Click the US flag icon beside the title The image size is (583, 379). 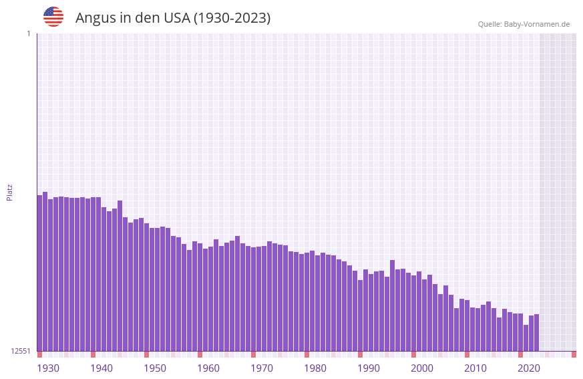click(x=53, y=17)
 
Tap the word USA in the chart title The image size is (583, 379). click(x=176, y=18)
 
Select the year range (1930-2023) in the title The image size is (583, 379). click(x=232, y=18)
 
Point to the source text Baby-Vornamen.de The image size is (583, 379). click(x=536, y=24)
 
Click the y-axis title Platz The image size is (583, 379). click(x=9, y=192)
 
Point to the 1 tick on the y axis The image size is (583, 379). click(x=29, y=33)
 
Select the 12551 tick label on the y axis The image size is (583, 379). click(x=21, y=351)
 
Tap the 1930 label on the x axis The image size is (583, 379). click(x=48, y=368)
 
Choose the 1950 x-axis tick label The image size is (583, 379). click(x=155, y=368)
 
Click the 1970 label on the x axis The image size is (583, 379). click(x=262, y=368)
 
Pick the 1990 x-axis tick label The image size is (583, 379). click(x=369, y=368)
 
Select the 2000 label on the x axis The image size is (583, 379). click(x=422, y=368)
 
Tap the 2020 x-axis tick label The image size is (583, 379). click(x=529, y=368)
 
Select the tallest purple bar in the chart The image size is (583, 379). click(x=45, y=271)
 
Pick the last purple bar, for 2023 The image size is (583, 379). click(x=536, y=332)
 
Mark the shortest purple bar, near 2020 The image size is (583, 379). click(x=526, y=338)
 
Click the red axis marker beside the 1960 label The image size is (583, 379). click(x=200, y=354)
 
